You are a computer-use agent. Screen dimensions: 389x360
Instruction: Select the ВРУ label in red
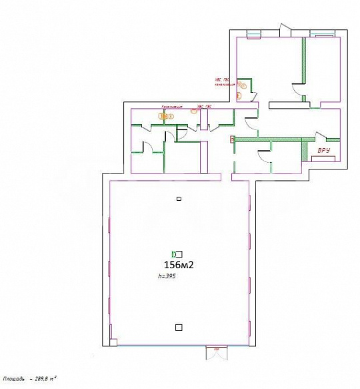[325, 151]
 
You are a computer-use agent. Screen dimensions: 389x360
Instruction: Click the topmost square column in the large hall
[179, 199]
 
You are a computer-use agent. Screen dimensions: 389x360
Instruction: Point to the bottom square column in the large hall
[178, 326]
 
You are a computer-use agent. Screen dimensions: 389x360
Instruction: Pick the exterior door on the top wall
[285, 30]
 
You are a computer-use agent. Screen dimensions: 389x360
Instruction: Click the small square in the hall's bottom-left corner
[113, 343]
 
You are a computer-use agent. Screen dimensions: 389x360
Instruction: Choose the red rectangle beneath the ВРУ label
[323, 159]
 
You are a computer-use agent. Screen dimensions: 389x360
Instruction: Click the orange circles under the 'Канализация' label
[164, 116]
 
